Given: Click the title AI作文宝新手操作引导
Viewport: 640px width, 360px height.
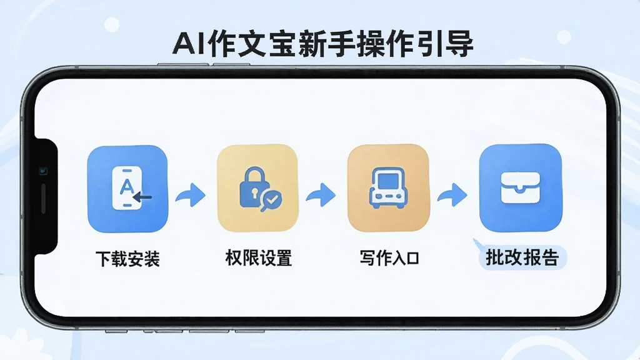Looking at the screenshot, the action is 323,43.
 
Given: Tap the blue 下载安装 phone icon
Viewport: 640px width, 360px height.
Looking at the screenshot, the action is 127,189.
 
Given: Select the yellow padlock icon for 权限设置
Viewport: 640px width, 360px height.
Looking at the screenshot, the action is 257,188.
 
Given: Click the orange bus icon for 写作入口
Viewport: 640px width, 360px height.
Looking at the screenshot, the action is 388,187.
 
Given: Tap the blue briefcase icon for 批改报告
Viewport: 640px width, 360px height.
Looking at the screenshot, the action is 521,187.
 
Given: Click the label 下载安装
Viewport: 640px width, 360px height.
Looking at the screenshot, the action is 127,259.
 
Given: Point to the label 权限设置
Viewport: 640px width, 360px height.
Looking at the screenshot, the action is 258,258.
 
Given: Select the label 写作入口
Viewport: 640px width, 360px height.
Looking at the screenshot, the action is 389,258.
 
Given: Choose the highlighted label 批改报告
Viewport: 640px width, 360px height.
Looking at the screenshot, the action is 522,257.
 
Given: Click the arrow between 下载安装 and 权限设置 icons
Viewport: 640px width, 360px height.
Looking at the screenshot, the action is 191,195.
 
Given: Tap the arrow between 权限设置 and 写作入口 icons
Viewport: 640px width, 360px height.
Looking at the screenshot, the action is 321,195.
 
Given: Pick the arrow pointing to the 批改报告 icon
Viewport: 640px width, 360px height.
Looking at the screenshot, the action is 452,195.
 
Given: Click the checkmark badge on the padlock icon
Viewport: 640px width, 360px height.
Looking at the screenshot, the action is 271,199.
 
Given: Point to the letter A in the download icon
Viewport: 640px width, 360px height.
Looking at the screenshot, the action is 126,187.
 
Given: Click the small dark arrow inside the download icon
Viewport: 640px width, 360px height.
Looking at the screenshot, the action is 142,197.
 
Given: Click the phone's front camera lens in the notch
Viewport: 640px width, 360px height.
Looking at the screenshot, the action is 43,171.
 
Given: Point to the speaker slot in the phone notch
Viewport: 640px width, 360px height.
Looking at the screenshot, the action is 43,199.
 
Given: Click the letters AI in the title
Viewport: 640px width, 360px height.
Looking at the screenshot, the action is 189,44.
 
